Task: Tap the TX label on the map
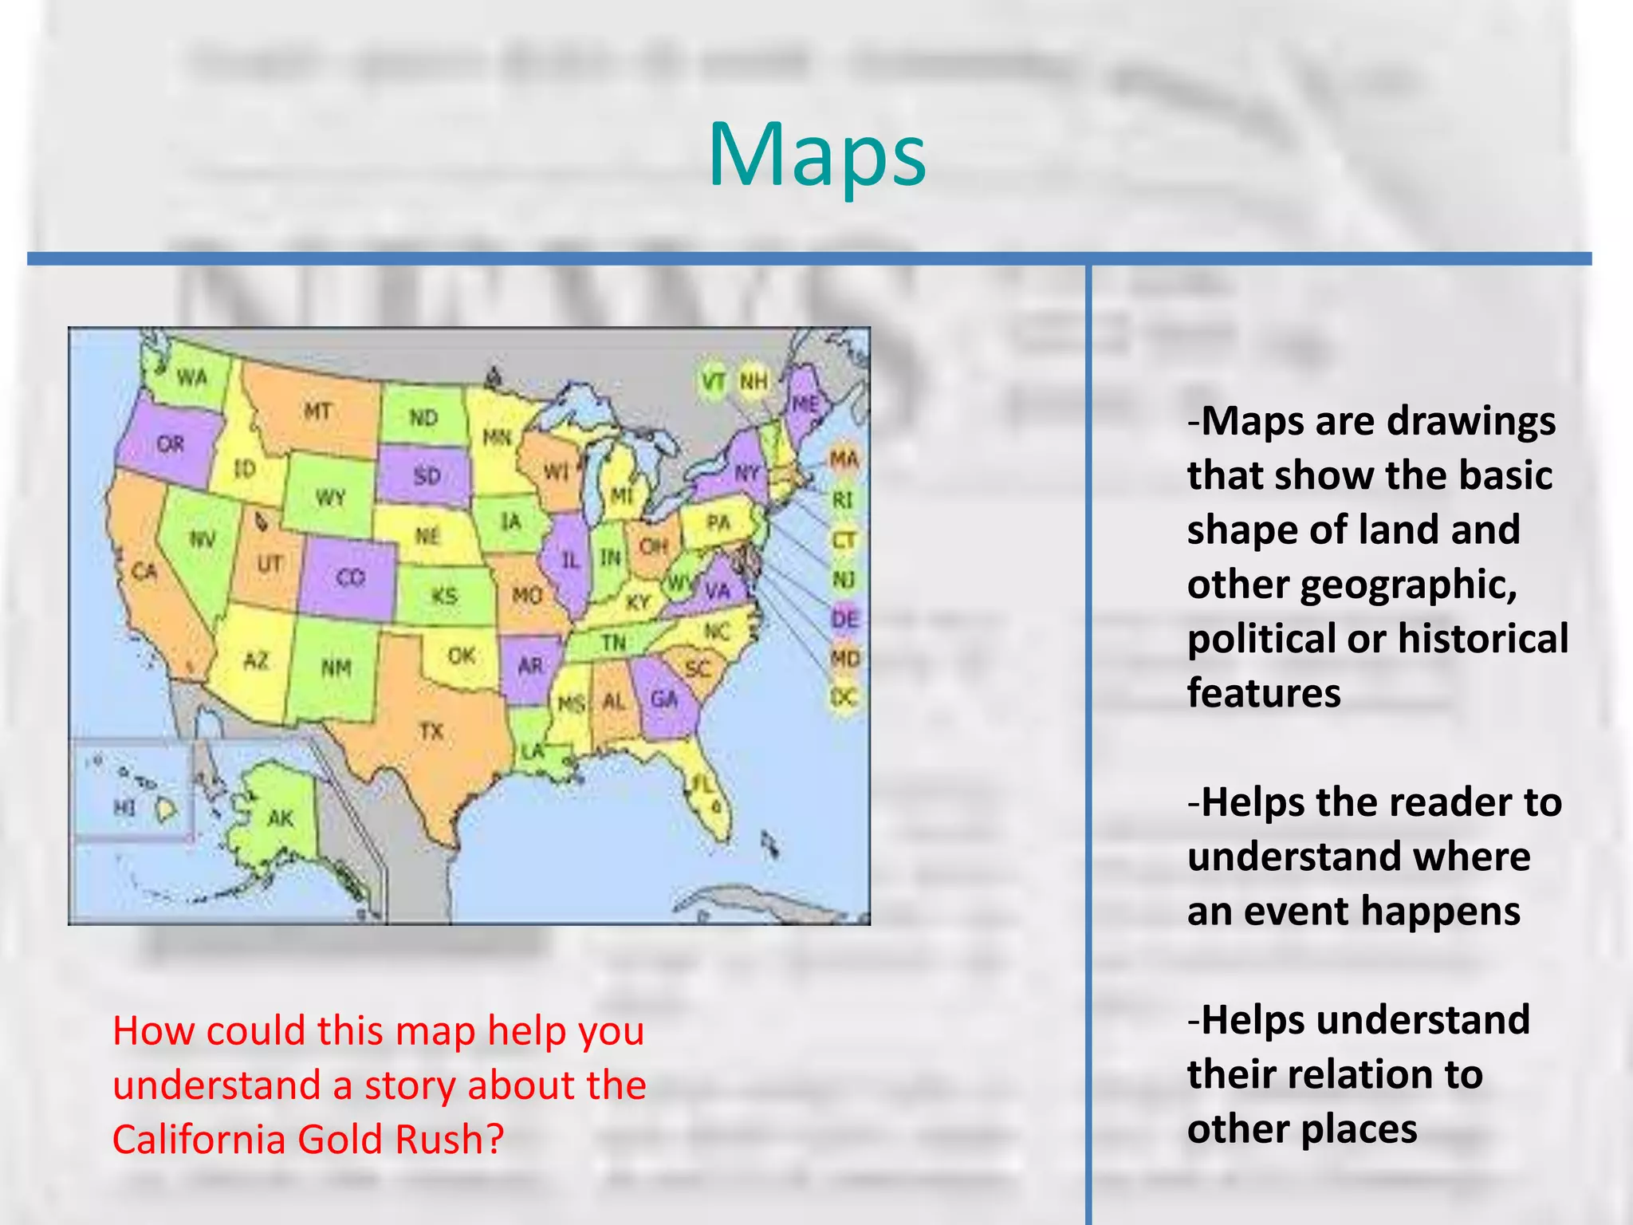431,731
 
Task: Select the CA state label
144,571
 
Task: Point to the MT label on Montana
317,412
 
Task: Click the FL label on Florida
701,786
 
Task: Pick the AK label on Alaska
281,818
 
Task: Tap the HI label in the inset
124,808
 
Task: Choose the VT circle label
713,382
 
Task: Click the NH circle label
753,382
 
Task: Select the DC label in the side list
844,697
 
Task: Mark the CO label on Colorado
350,577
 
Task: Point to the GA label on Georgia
664,699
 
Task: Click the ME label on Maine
805,404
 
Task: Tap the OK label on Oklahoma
461,656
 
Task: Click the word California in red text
199,1139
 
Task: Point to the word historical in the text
1482,639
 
